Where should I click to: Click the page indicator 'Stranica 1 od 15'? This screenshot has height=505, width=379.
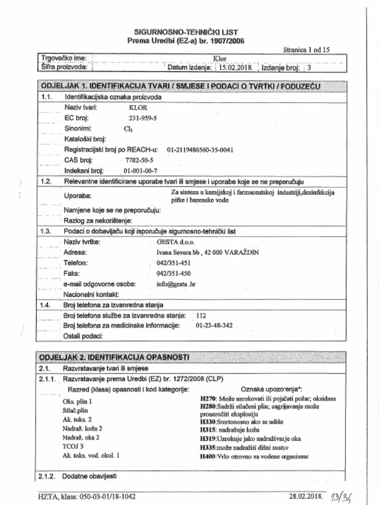[x=306, y=49]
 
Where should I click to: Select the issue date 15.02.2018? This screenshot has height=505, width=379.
[x=235, y=68]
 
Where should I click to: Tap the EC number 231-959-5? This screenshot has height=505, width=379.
[x=143, y=118]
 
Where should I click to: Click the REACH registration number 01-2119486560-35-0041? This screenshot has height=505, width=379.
[x=200, y=149]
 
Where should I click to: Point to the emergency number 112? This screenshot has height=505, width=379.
[x=201, y=315]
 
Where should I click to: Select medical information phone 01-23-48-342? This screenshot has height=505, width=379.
[x=214, y=325]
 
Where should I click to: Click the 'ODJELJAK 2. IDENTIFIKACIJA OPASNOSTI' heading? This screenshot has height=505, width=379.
[x=114, y=357]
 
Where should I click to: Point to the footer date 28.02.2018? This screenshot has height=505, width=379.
[x=305, y=496]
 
